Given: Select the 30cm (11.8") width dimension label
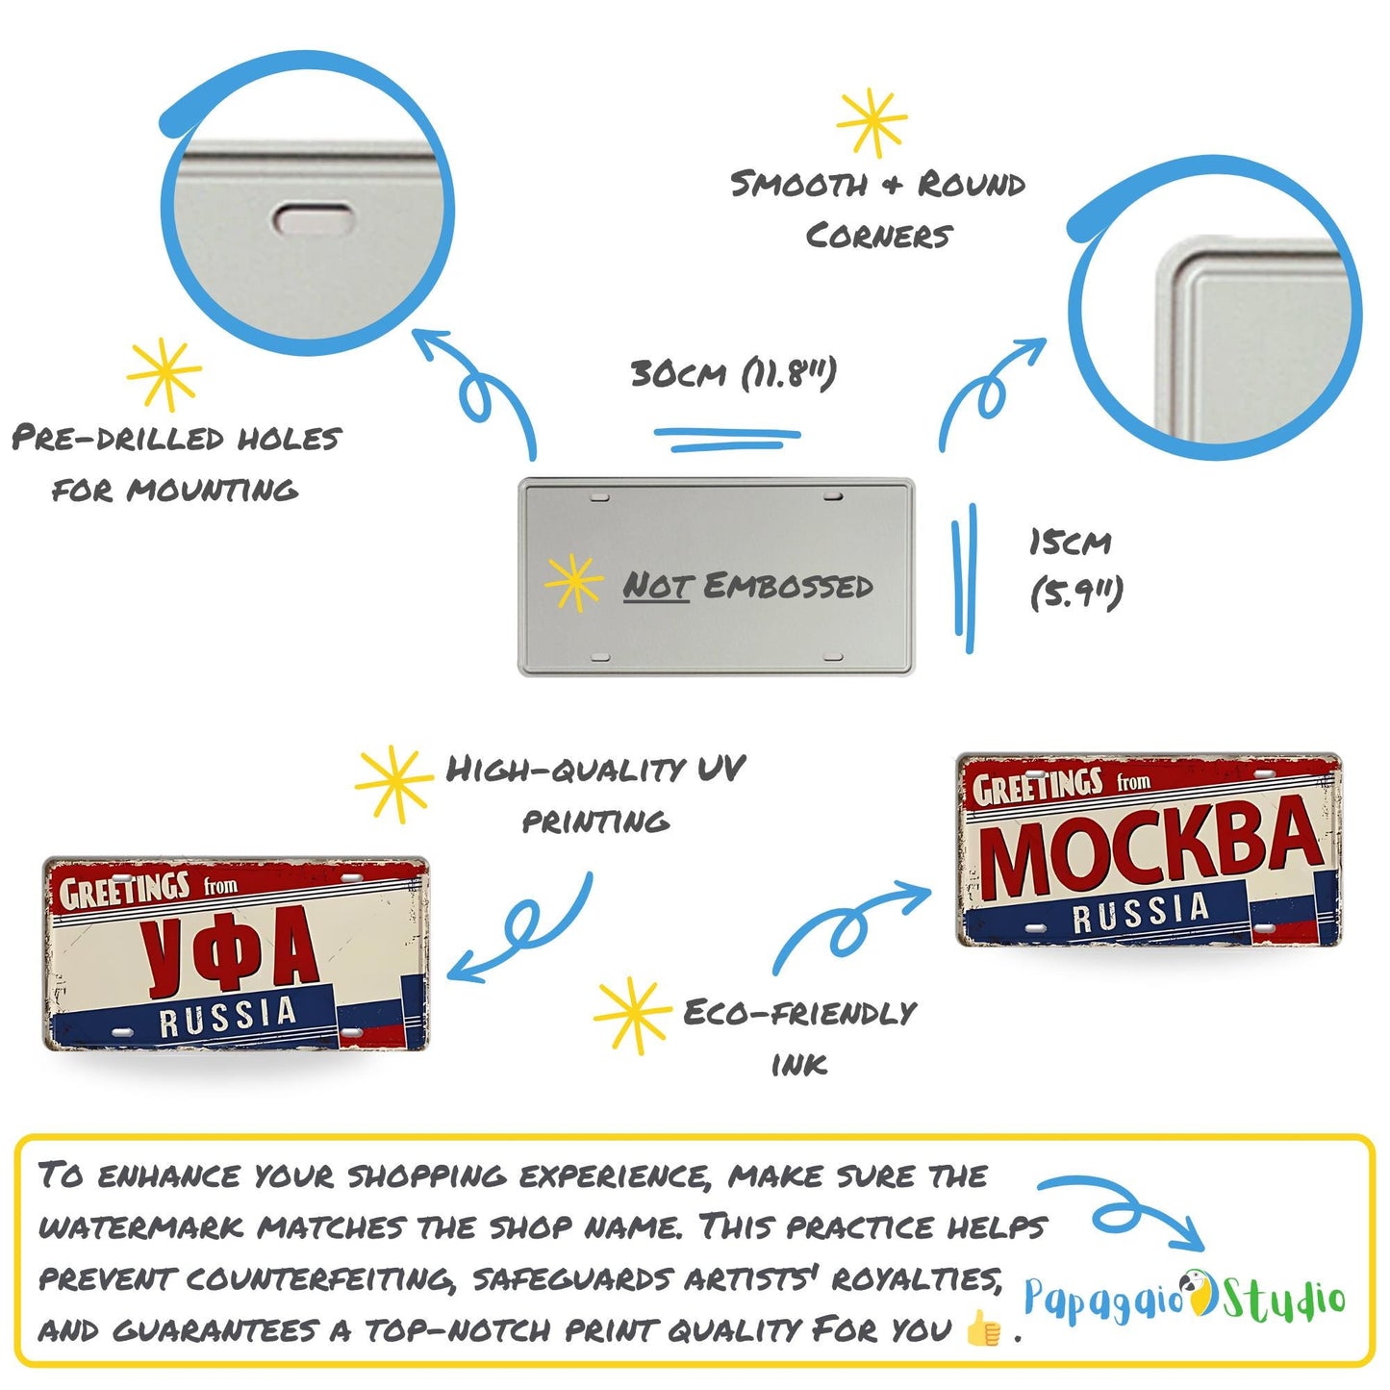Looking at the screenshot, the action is (x=734, y=373).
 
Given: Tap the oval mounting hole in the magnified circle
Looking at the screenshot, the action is (x=315, y=218).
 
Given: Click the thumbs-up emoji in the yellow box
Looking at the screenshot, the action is (x=982, y=1328).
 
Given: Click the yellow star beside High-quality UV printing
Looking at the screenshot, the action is (x=393, y=784).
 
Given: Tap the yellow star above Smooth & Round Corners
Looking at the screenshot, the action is (x=872, y=122).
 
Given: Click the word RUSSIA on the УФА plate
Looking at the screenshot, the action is (x=228, y=1017).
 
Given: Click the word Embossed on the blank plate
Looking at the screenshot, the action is (x=788, y=585).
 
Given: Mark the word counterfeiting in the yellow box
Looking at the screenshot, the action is (x=320, y=1279).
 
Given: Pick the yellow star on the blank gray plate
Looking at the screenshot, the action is (x=573, y=582).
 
